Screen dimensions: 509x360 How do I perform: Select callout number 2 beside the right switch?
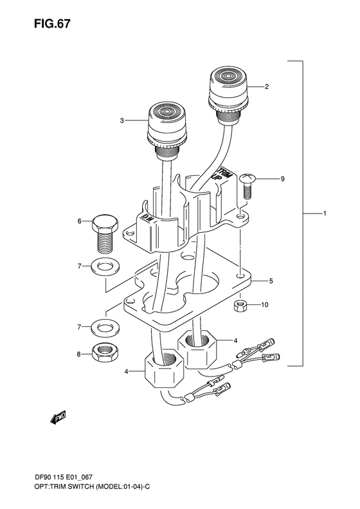(267, 86)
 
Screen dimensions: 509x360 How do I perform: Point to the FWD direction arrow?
(59, 418)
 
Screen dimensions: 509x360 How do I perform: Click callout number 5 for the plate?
(253, 281)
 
